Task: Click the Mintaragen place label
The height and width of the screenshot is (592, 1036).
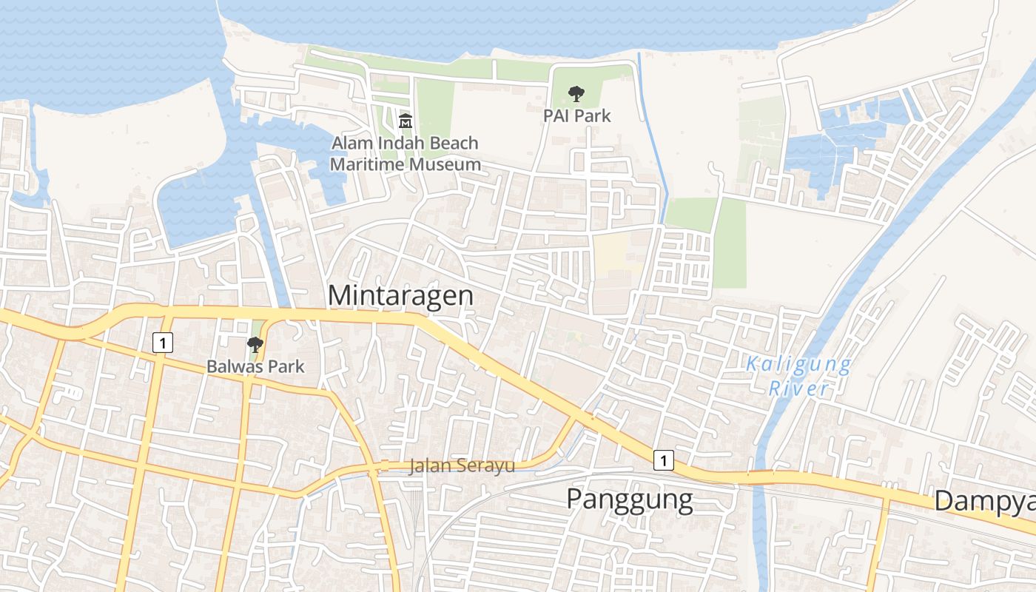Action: click(400, 295)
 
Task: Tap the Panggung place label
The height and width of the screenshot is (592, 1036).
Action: click(630, 499)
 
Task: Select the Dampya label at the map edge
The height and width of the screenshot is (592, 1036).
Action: click(984, 501)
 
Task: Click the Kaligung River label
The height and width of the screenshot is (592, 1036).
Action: click(798, 376)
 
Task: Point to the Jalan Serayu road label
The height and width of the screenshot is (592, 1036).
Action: click(462, 466)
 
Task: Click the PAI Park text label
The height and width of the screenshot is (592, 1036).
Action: click(577, 116)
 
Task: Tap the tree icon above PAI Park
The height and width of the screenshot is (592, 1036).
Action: click(576, 94)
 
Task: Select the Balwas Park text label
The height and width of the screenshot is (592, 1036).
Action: click(255, 366)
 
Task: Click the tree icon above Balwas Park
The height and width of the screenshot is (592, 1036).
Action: click(255, 344)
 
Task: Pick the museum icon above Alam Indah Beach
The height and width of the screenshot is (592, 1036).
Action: click(406, 121)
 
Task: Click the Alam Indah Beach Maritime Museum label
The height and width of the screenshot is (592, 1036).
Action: click(405, 153)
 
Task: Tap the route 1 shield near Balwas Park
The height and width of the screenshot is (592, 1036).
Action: click(163, 343)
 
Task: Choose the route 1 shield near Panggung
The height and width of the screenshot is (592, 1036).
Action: click(664, 460)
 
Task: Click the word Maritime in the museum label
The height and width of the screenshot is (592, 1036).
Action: click(364, 164)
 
